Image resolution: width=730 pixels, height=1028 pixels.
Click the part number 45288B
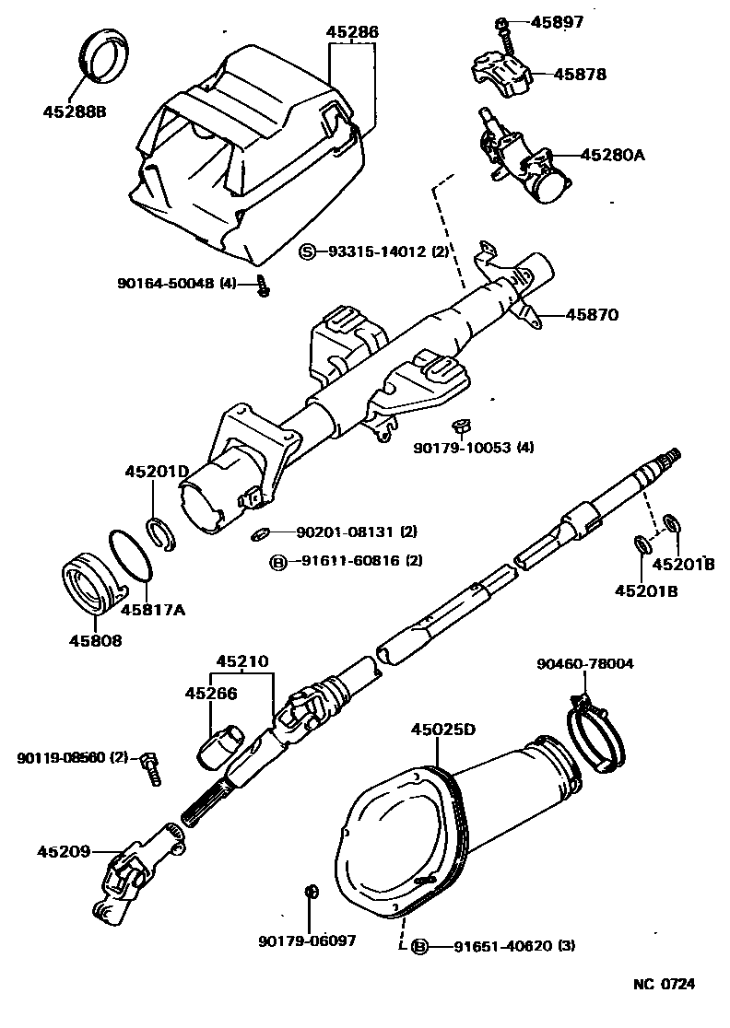point(75,111)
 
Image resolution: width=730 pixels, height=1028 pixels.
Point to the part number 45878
point(580,74)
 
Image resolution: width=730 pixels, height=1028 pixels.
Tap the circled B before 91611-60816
point(276,560)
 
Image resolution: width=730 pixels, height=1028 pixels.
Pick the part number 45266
point(211,694)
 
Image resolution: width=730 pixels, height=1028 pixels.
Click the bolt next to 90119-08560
point(151,766)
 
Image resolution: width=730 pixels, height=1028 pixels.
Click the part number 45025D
point(443,730)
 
